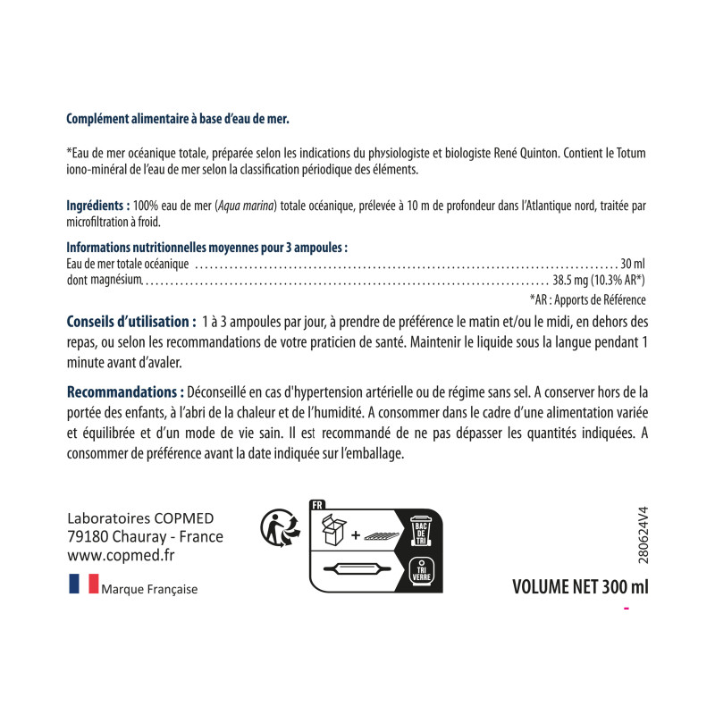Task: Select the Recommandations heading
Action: pos(125,392)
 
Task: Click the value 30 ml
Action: pos(632,264)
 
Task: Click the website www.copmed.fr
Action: pos(121,554)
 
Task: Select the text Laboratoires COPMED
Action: pos(134,519)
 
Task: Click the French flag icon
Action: pos(82,587)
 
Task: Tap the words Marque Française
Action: pos(149,589)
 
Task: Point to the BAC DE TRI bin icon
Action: pos(420,531)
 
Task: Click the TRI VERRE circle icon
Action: pos(420,569)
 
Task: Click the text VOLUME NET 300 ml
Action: pos(579,587)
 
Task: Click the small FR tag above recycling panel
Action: pos(316,505)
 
